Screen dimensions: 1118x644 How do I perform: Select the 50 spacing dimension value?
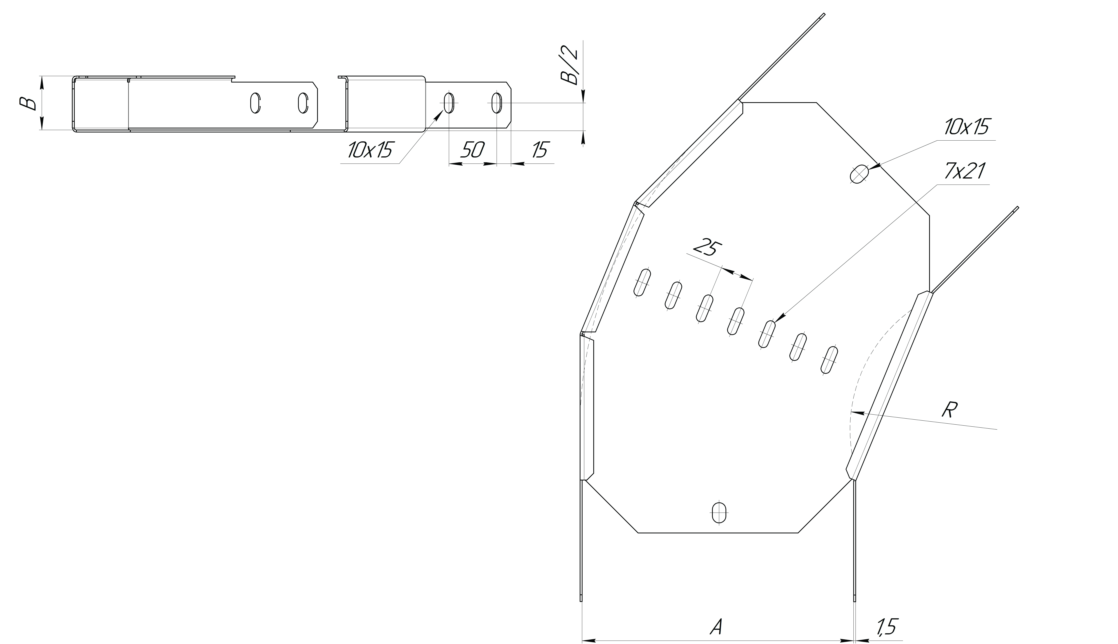(472, 150)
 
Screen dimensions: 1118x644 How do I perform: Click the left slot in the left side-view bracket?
(255, 103)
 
